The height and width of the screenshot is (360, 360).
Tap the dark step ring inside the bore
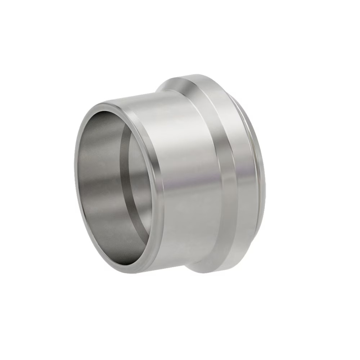(124, 151)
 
